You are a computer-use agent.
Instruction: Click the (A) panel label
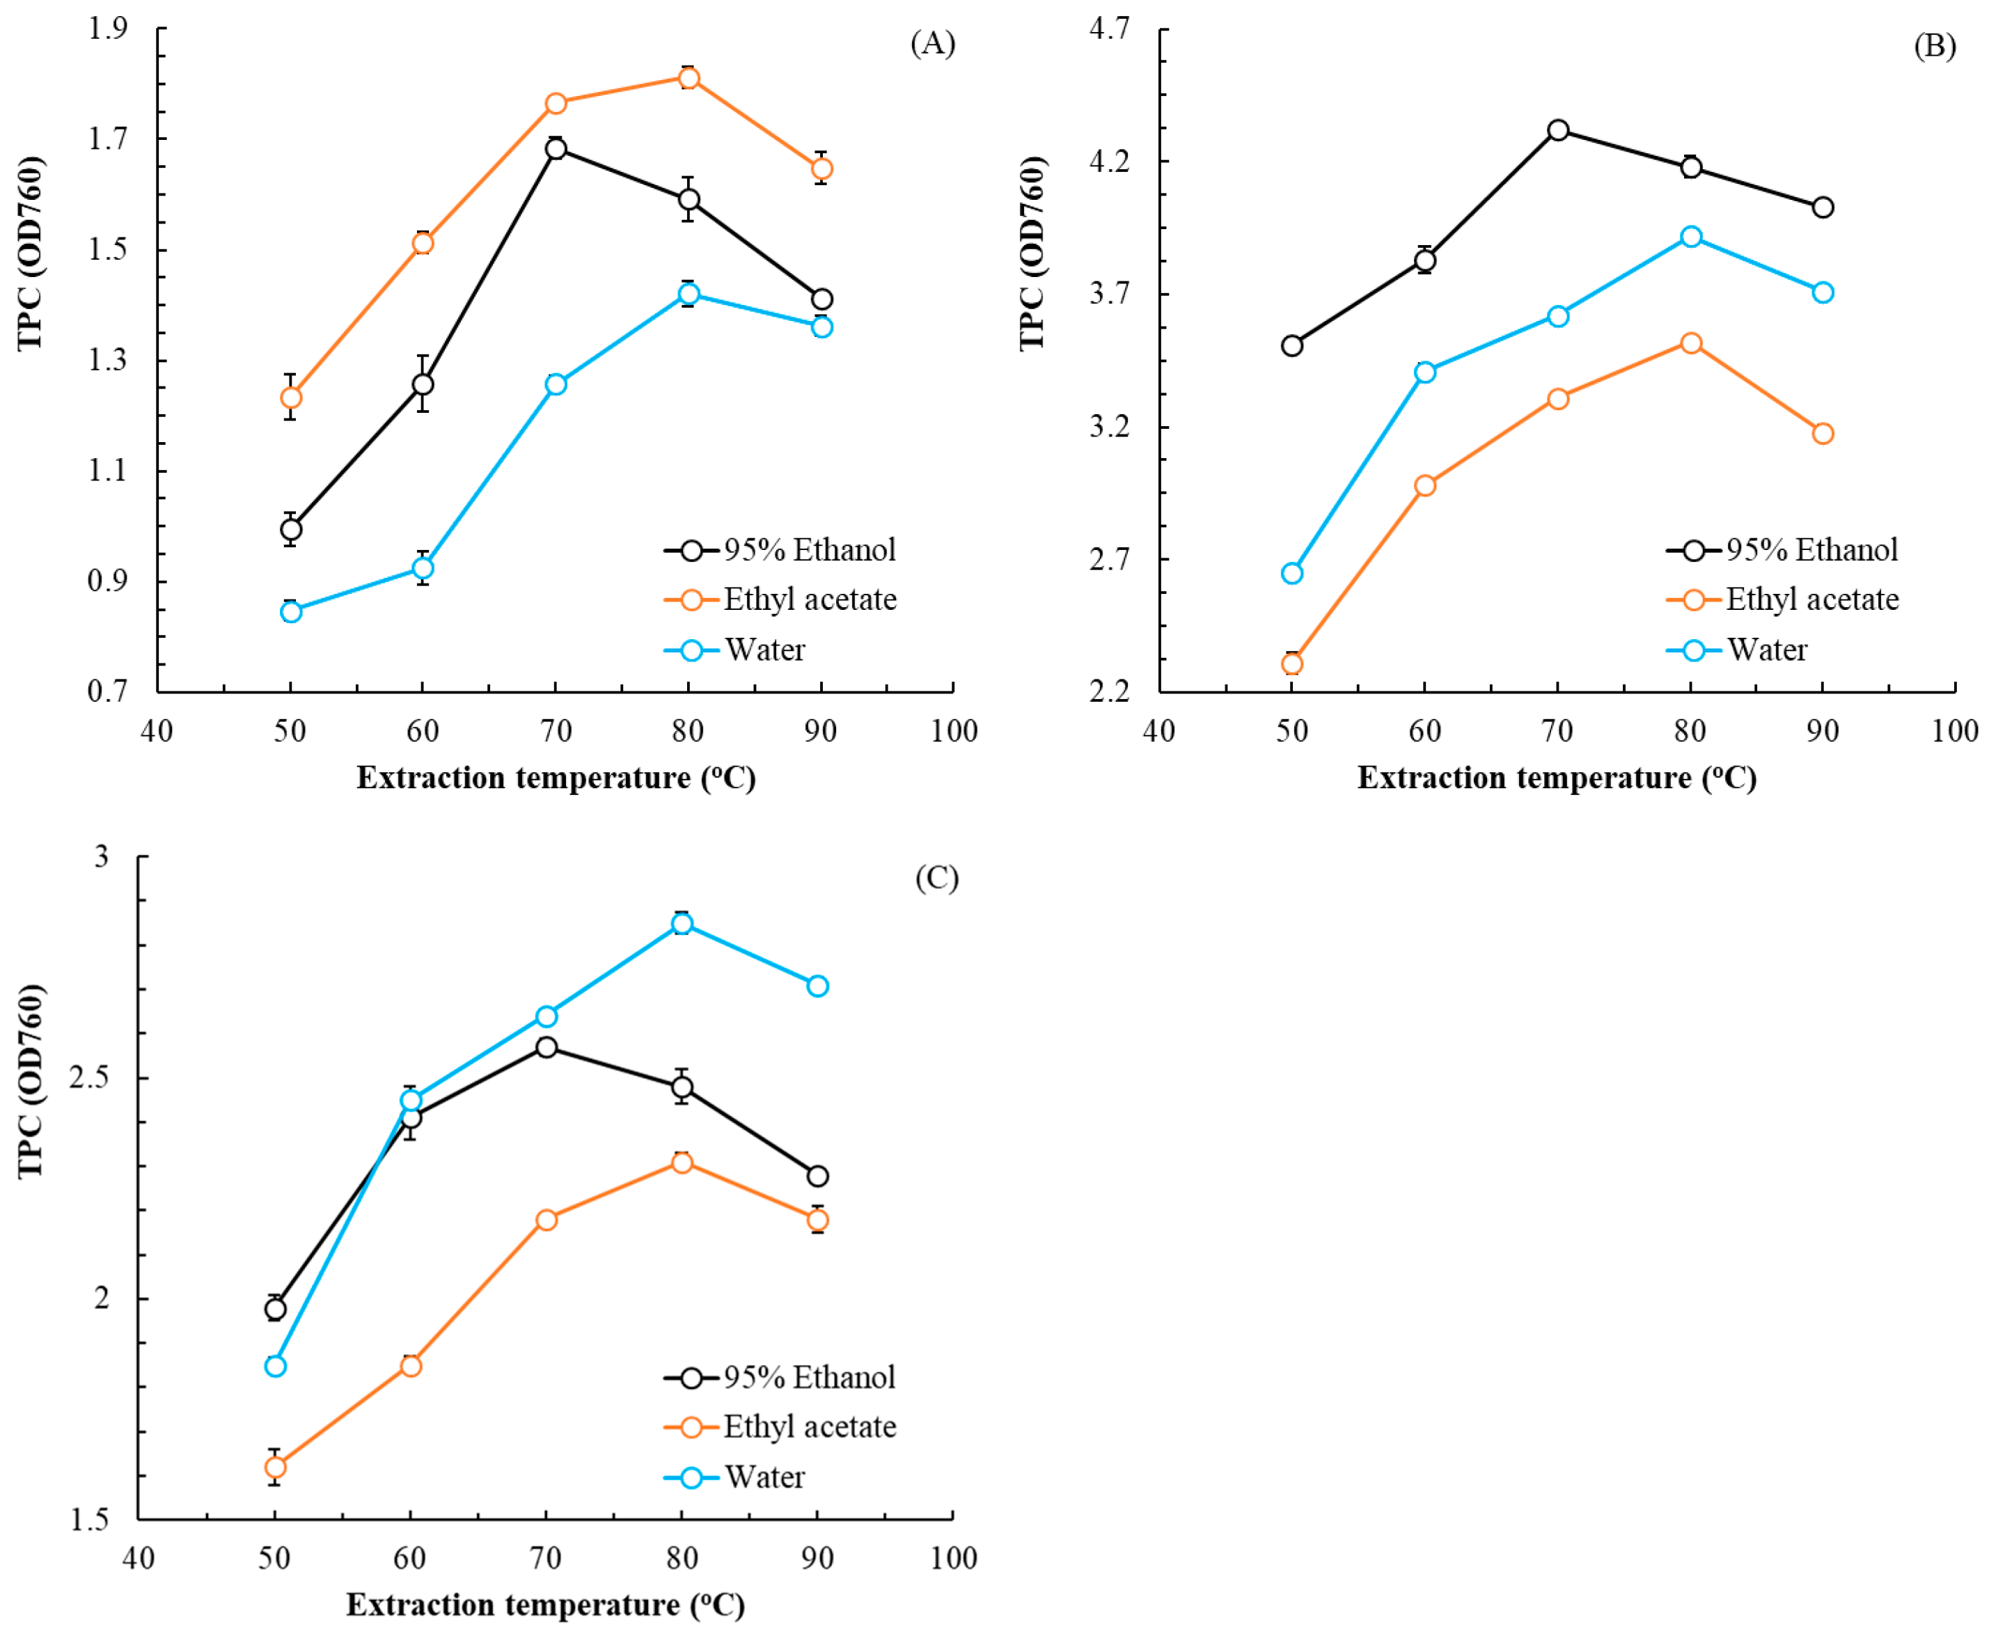click(932, 43)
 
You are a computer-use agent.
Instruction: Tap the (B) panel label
click(1935, 46)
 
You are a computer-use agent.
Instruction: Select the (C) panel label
click(936, 877)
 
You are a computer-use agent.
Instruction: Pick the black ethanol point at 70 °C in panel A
click(556, 149)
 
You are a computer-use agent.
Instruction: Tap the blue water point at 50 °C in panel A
click(291, 612)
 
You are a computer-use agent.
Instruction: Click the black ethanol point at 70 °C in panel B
click(1558, 130)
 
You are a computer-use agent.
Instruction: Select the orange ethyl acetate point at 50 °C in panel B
click(1292, 664)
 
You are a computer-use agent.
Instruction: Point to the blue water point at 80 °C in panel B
click(1690, 236)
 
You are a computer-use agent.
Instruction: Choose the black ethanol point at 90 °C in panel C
click(818, 1177)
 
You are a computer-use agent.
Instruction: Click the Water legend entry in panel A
click(764, 650)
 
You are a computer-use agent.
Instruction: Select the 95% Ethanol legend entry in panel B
click(1811, 551)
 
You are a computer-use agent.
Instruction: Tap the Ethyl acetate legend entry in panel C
click(810, 1427)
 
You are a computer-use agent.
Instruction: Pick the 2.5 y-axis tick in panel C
click(89, 1078)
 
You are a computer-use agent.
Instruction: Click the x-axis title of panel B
click(1556, 778)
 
